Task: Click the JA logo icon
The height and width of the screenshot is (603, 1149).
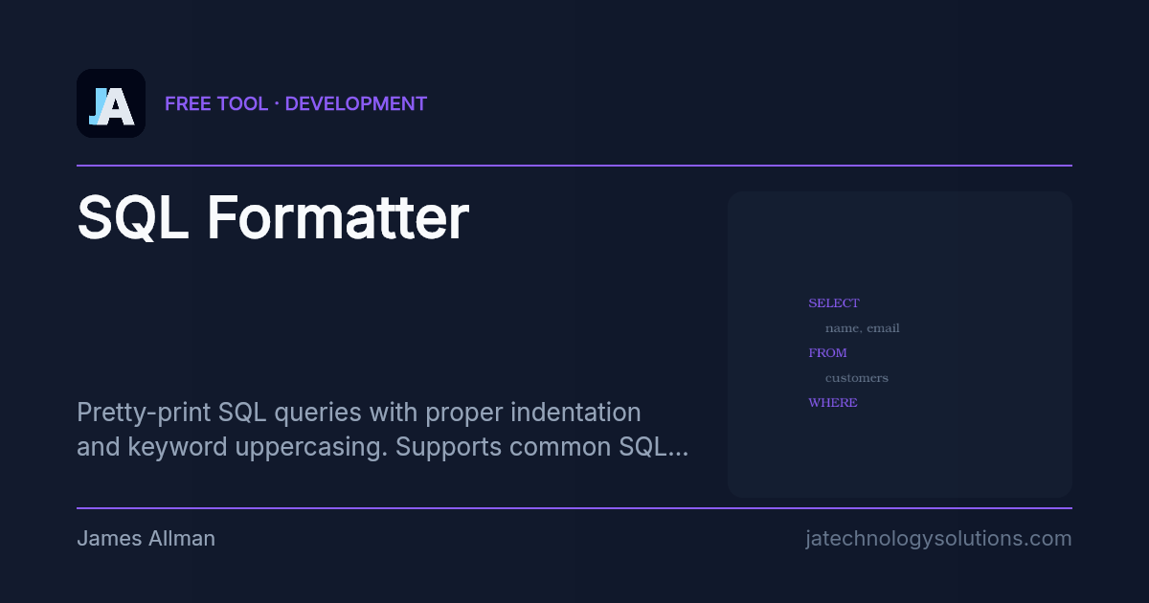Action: click(111, 103)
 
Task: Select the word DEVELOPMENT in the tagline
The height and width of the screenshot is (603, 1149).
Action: click(356, 103)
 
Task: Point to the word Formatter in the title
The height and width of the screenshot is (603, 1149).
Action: click(337, 218)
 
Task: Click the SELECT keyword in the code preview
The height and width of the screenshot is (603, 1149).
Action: click(834, 303)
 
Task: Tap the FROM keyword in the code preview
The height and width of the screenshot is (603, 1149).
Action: click(827, 353)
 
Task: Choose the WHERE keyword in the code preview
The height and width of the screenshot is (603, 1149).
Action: click(833, 403)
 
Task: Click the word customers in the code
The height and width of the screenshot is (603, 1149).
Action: click(856, 378)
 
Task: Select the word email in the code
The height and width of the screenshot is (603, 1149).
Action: click(883, 328)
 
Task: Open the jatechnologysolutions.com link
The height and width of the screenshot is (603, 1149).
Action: click(938, 539)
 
